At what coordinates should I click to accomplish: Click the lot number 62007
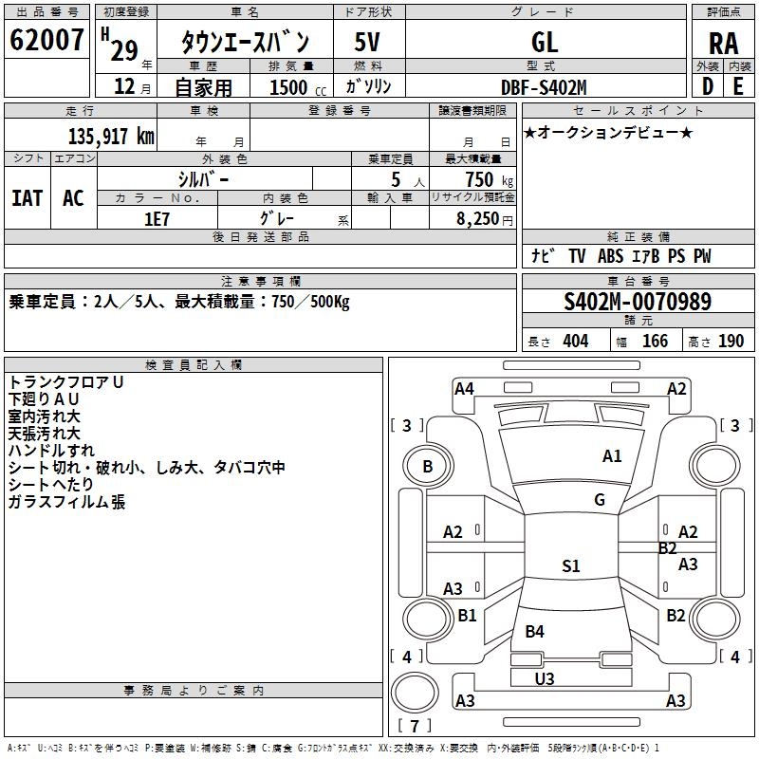46,40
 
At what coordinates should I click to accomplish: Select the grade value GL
545,42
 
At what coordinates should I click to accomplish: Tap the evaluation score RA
723,44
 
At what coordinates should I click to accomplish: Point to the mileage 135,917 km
111,136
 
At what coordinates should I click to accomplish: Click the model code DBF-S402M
544,87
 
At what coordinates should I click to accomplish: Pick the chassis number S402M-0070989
638,302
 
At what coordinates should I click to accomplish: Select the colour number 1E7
157,219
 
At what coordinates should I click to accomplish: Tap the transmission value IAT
28,198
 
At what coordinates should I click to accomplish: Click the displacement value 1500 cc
298,87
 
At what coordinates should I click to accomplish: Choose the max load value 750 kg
489,180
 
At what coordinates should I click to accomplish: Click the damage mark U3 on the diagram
544,678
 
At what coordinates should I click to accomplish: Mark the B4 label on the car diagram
534,631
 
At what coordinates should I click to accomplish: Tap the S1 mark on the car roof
571,565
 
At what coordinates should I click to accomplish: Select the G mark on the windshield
600,499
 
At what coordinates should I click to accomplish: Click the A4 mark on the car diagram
464,389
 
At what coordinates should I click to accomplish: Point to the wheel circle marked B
428,466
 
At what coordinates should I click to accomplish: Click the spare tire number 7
415,726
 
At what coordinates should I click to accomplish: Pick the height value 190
731,341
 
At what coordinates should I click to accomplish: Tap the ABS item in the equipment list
610,255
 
